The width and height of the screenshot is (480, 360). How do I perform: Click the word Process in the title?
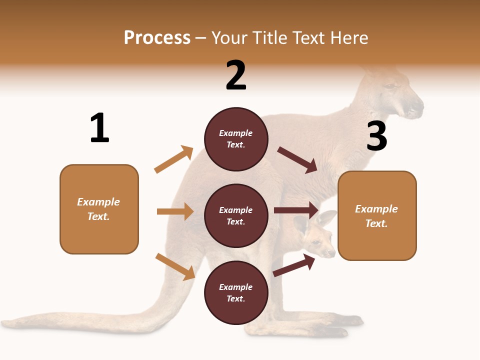[x=157, y=37]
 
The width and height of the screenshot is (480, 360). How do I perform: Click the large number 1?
[x=99, y=128]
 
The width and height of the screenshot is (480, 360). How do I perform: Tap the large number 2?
[x=236, y=75]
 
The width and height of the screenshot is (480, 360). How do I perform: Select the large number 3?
[x=377, y=136]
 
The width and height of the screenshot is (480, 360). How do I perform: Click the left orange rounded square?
[x=99, y=209]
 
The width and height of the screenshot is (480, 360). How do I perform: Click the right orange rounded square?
[x=377, y=216]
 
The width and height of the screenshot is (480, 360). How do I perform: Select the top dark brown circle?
[x=236, y=139]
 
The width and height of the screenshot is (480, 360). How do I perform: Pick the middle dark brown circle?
[x=236, y=216]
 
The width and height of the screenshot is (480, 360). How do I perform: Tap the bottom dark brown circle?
[x=236, y=293]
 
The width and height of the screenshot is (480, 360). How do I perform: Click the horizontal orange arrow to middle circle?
[x=175, y=211]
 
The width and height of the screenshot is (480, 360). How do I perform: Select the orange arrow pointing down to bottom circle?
[x=175, y=266]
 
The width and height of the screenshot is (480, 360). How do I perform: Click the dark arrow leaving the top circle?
[x=297, y=160]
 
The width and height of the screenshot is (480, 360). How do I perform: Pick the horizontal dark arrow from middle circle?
[x=296, y=210]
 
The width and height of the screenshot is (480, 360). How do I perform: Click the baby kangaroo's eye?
[x=316, y=243]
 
